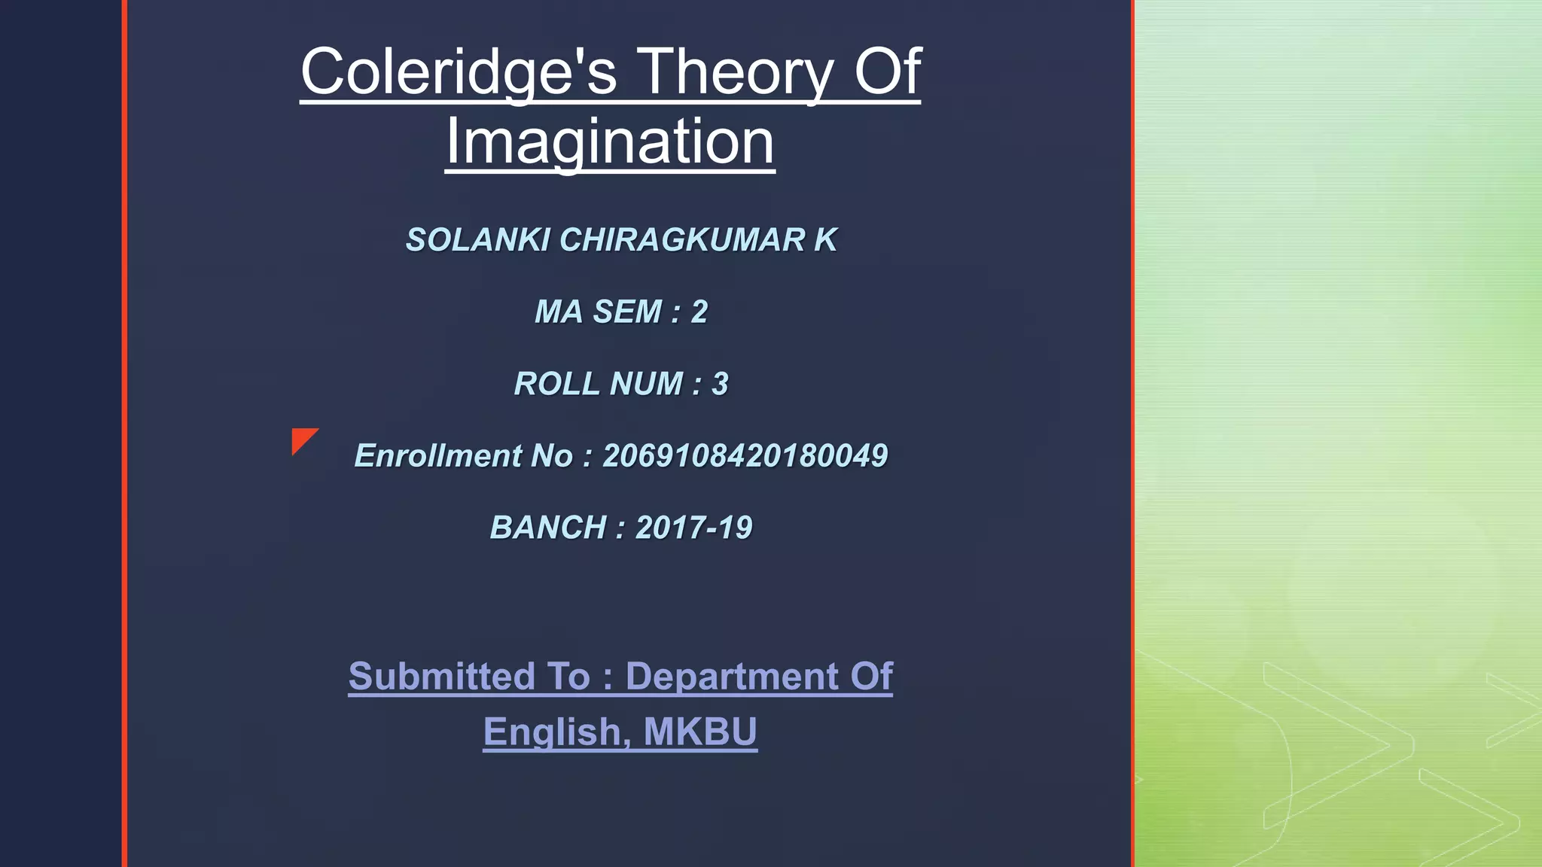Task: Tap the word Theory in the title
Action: click(736, 72)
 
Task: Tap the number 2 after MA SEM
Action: click(699, 312)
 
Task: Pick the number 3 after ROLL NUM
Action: click(720, 385)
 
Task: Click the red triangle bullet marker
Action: click(302, 439)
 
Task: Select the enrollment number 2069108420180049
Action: click(745, 456)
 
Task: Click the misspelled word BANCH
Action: click(548, 528)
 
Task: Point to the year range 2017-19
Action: click(693, 528)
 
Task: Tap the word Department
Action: click(731, 676)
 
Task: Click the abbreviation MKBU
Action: click(700, 732)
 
